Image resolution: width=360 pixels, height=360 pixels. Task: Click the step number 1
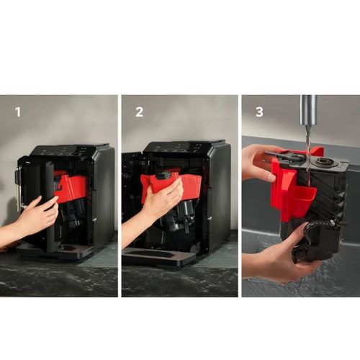click(18, 112)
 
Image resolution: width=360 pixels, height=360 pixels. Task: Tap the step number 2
click(139, 112)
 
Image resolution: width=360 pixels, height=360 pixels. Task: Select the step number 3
click(259, 112)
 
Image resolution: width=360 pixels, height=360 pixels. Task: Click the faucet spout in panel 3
click(309, 109)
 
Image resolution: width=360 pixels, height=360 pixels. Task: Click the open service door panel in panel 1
click(50, 207)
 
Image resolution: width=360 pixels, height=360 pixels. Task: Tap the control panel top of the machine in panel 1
click(70, 150)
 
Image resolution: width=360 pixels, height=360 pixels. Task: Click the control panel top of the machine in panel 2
click(185, 146)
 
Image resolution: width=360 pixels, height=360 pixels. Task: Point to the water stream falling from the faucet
click(309, 153)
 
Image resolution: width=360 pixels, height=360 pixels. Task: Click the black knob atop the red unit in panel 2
click(165, 176)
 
